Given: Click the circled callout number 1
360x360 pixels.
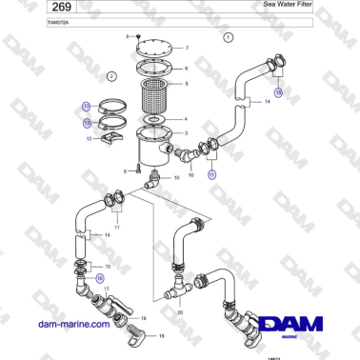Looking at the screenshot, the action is [x=228, y=37].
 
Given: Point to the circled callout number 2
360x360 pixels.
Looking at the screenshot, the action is [x=110, y=75].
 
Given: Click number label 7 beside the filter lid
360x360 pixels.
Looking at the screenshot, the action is [x=187, y=48].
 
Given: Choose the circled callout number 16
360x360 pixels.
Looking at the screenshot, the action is [x=99, y=278].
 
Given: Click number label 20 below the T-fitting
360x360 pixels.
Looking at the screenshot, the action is [x=180, y=311].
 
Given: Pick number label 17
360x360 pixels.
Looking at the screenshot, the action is [x=107, y=288].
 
